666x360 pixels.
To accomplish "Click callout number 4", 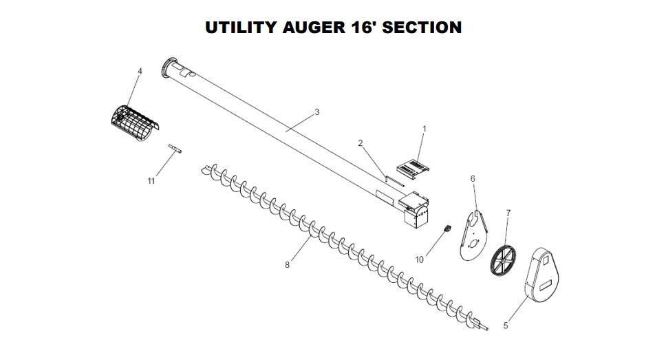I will click(x=140, y=71).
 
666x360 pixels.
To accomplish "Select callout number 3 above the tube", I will click(x=317, y=112).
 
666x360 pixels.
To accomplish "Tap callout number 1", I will click(x=425, y=129).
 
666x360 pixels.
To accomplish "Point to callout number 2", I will click(x=361, y=142).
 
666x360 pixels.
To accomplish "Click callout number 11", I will click(x=151, y=180).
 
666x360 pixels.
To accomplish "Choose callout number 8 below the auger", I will click(x=288, y=264).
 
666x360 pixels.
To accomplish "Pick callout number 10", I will click(x=420, y=260).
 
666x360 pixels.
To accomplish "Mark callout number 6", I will click(x=473, y=178).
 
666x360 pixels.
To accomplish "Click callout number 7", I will click(x=508, y=213).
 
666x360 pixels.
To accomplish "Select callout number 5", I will click(x=506, y=326).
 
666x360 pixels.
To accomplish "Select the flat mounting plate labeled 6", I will click(x=474, y=234).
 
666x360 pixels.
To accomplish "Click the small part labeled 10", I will click(x=446, y=229).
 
